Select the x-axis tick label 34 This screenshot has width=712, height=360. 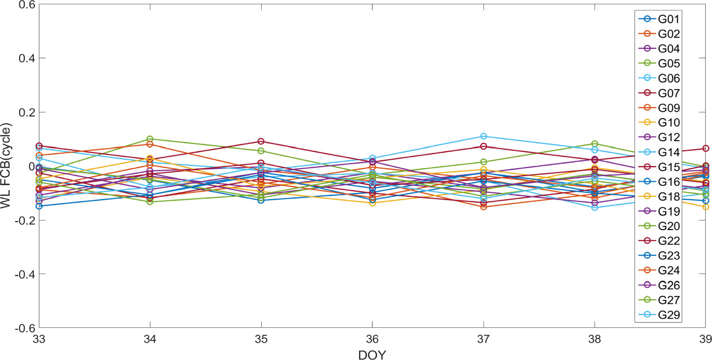click(150, 340)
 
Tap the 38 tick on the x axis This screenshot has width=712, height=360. click(594, 340)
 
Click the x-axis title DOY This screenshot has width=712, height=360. click(372, 354)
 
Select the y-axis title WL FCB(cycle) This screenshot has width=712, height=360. click(7, 166)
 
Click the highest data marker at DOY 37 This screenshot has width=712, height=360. click(483, 136)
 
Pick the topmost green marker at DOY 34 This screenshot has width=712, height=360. click(150, 139)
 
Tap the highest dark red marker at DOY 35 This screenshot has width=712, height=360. click(261, 141)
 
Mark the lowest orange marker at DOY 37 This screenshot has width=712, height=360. click(483, 207)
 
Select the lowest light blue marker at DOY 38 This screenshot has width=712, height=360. click(594, 208)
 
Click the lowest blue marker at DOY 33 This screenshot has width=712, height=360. click(39, 206)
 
